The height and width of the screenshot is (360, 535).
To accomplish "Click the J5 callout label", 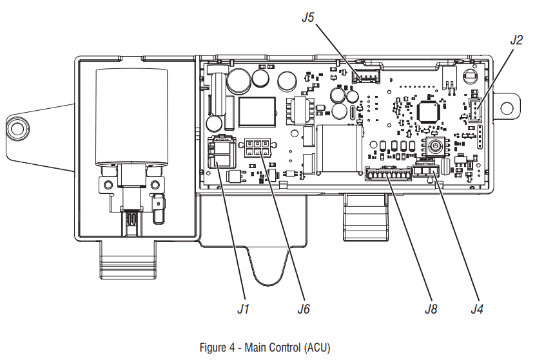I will tap(307, 18).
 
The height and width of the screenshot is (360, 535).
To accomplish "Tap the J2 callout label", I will tap(516, 39).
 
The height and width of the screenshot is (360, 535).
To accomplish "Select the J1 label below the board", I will tap(242, 308).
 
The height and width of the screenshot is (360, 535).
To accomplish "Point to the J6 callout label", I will tap(304, 308).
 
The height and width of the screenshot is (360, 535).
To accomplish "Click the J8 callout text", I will tap(431, 308).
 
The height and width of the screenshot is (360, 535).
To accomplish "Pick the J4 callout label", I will tap(476, 308).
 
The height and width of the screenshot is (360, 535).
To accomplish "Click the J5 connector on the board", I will tap(365, 79).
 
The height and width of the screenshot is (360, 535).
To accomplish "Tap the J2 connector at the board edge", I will tap(475, 110).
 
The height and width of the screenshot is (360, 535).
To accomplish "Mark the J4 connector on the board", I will tap(428, 171).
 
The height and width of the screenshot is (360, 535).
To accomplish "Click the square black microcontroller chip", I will tap(429, 110).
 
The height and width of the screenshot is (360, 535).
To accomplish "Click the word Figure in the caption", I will tap(213, 348).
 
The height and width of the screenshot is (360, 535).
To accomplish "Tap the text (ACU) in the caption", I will tap(316, 348).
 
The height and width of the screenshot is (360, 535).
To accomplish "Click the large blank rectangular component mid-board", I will tap(338, 149).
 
